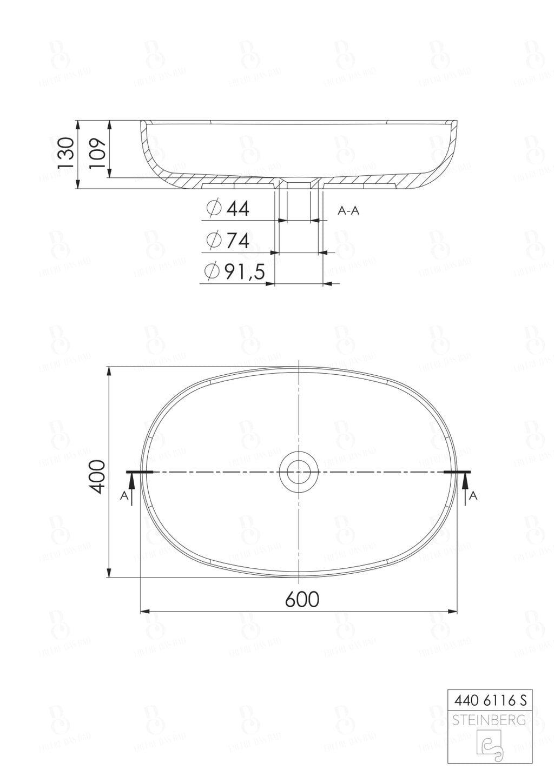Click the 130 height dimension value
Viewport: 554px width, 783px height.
click(x=65, y=154)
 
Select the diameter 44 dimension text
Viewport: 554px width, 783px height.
click(x=238, y=208)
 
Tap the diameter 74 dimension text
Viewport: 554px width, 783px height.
click(x=238, y=241)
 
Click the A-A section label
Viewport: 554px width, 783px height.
click(x=348, y=211)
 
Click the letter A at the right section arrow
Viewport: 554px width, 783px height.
click(x=474, y=495)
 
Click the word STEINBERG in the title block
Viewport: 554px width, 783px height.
click(x=489, y=720)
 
